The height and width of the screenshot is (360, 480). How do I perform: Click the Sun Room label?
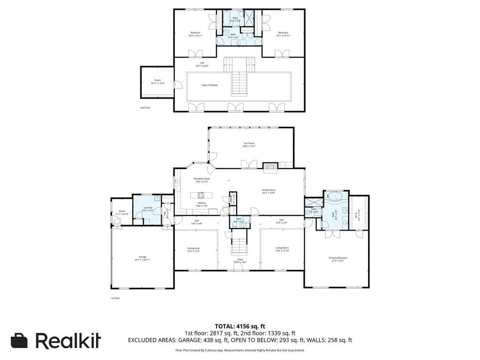(x=249, y=144)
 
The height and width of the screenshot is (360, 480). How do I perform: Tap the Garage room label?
(x=142, y=258)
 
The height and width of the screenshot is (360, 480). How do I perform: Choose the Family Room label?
(x=268, y=191)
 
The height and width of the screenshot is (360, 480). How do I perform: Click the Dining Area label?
(x=194, y=249)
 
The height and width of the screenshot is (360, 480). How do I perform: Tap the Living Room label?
(x=282, y=249)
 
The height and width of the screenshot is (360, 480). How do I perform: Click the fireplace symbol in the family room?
(x=270, y=165)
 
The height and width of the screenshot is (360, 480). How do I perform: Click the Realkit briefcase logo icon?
(x=19, y=341)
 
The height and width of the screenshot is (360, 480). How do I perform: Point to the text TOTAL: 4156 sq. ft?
(x=240, y=326)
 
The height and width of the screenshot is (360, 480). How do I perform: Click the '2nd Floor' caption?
(x=145, y=108)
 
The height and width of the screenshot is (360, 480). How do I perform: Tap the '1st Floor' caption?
(x=115, y=298)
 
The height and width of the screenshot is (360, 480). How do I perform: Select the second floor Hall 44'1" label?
(x=202, y=64)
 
